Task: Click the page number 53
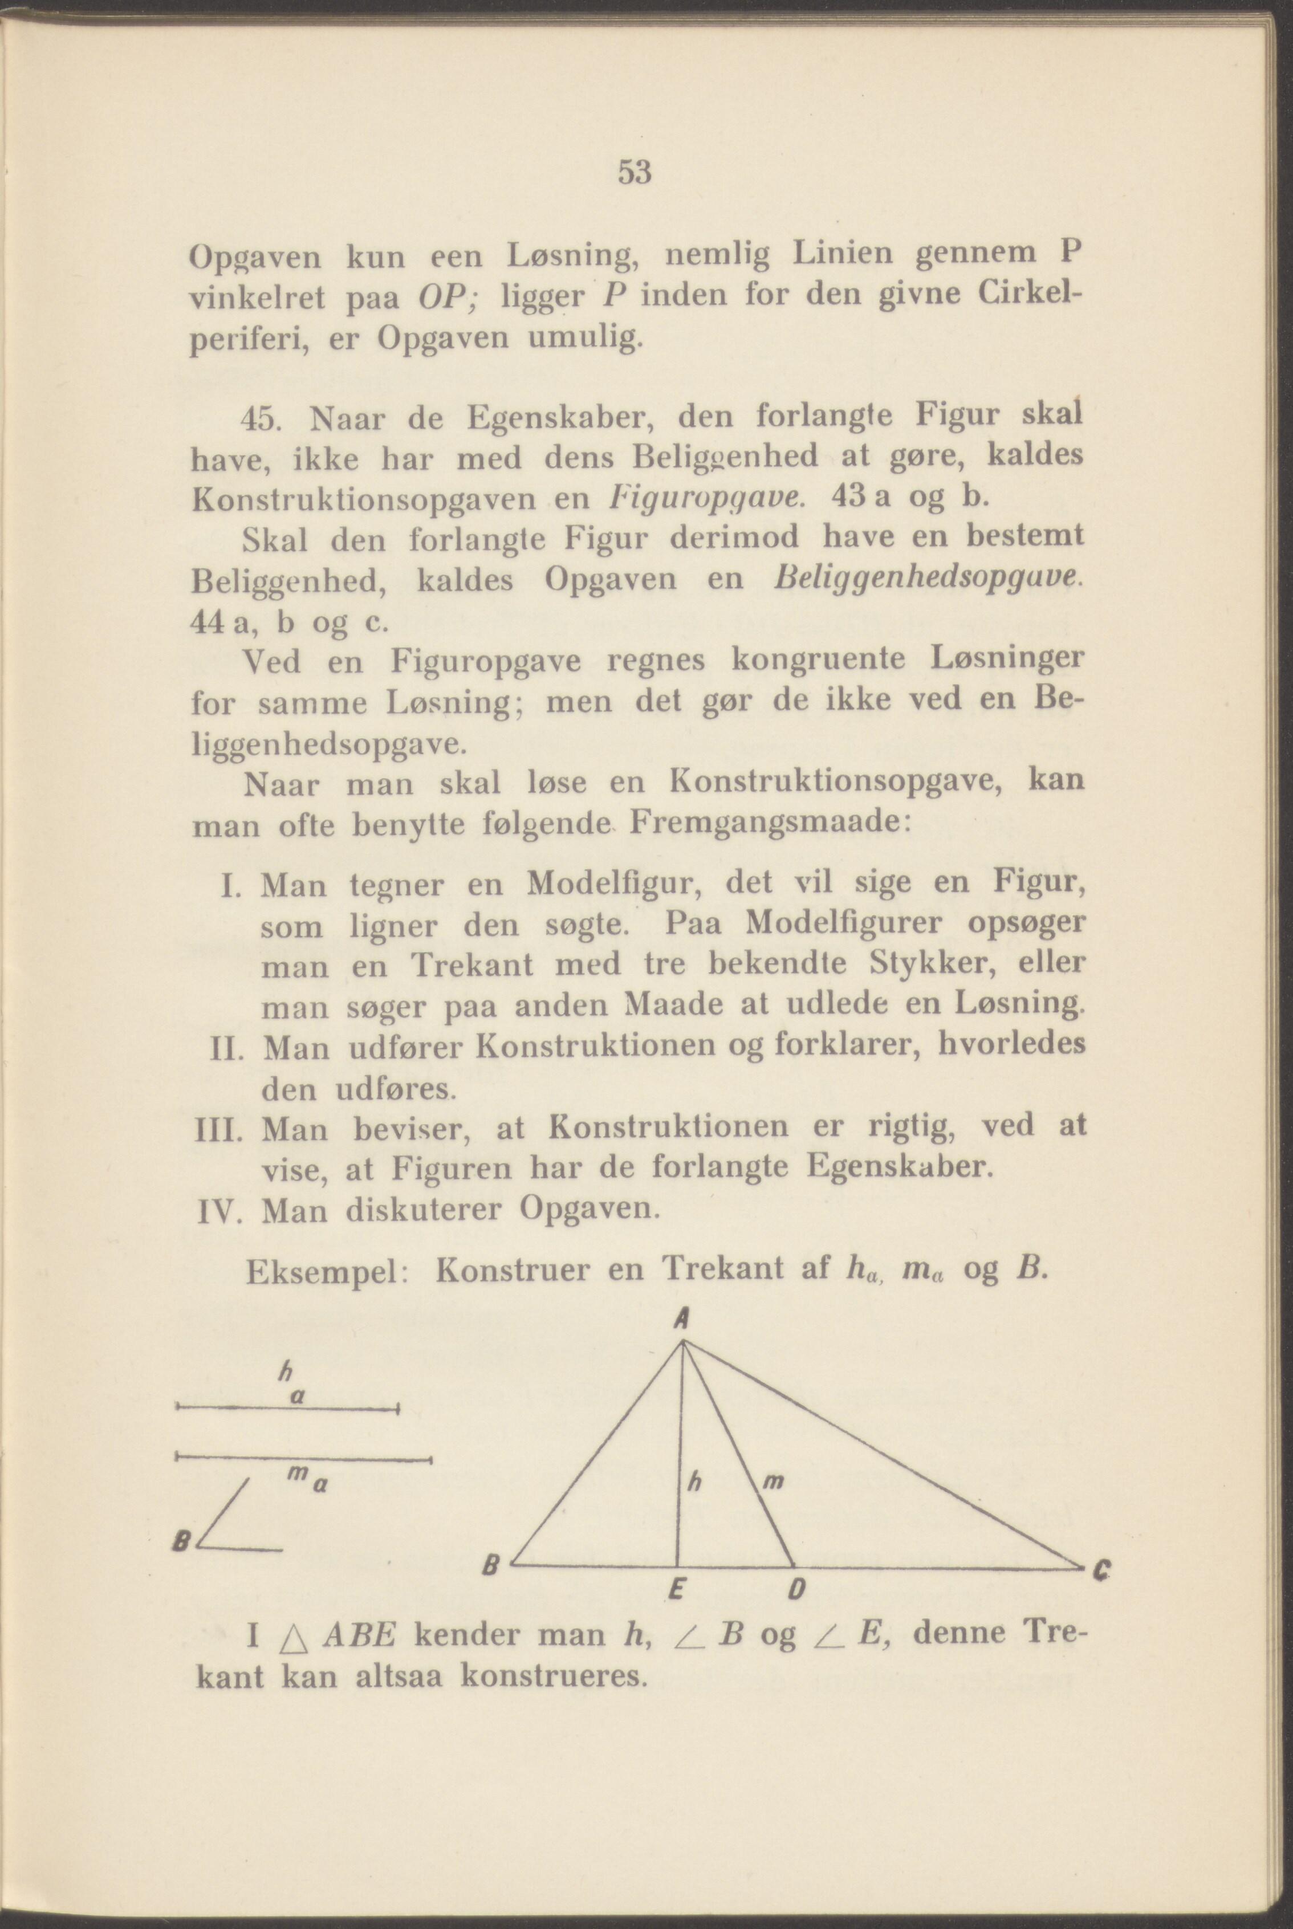(x=635, y=173)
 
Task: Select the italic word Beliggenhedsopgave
(x=924, y=580)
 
